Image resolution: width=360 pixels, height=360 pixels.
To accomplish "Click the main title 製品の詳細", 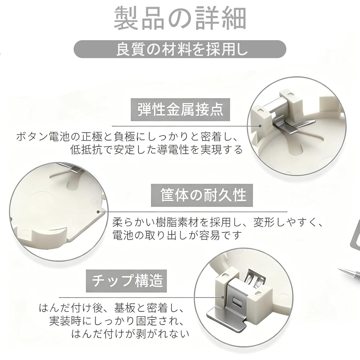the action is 180,19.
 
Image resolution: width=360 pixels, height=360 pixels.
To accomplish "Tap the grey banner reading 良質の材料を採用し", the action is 180,49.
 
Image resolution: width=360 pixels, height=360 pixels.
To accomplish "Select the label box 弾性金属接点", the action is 180,110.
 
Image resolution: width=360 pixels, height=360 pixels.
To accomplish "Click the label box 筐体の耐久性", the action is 202,195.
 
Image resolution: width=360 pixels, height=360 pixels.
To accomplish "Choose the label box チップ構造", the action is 126,281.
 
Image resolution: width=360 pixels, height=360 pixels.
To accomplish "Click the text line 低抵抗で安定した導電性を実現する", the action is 157,150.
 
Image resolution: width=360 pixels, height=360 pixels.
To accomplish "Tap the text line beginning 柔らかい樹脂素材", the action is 218,223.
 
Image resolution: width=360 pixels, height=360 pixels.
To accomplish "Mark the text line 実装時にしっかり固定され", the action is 117,321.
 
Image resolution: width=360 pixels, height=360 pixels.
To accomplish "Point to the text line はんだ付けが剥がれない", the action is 130,334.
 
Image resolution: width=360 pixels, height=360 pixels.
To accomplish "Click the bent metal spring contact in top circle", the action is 286,127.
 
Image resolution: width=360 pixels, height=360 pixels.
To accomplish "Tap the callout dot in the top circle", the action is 260,126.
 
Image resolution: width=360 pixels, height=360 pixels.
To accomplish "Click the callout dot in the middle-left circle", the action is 98,212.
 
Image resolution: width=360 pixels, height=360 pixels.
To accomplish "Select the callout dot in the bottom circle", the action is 223,297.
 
